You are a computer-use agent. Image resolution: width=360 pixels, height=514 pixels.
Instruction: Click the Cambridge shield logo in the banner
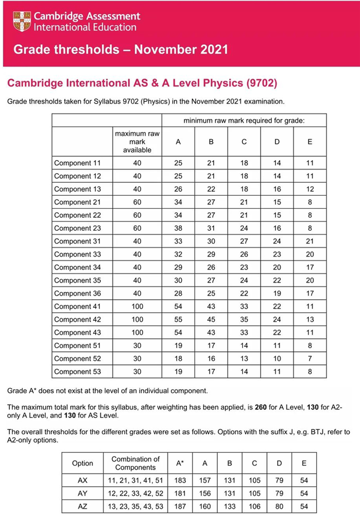22,21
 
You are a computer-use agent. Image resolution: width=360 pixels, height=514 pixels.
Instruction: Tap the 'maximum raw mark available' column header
137,142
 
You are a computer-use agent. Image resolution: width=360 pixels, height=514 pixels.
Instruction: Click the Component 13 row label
77,189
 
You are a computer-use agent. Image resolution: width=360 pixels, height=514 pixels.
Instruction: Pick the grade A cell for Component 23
178,228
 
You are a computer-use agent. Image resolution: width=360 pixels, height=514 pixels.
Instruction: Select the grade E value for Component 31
310,241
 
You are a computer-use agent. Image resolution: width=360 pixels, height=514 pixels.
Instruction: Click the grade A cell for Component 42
178,319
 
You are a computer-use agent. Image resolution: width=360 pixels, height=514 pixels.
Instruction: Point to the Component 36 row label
77,293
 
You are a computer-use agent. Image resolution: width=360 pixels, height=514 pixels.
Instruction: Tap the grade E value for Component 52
310,358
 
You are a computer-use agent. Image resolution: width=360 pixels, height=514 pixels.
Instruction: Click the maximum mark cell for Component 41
137,306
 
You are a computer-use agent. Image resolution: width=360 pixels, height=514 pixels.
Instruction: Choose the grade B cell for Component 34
211,267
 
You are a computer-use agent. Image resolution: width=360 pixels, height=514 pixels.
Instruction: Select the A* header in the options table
180,464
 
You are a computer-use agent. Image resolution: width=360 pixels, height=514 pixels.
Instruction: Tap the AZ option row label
82,506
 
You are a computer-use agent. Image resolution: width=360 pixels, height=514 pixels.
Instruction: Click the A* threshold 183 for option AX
180,480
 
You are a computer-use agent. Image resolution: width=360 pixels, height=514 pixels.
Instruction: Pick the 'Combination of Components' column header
135,463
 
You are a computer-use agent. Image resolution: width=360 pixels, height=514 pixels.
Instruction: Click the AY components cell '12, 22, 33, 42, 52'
135,493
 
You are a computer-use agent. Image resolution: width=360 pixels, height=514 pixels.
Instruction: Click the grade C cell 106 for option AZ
254,506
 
